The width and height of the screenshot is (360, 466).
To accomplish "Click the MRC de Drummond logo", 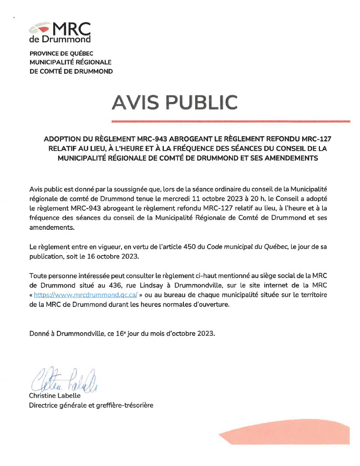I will click(x=60, y=31).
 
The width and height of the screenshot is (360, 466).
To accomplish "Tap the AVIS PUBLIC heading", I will click(x=174, y=102).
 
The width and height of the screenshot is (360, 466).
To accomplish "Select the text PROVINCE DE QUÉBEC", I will click(x=61, y=53).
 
